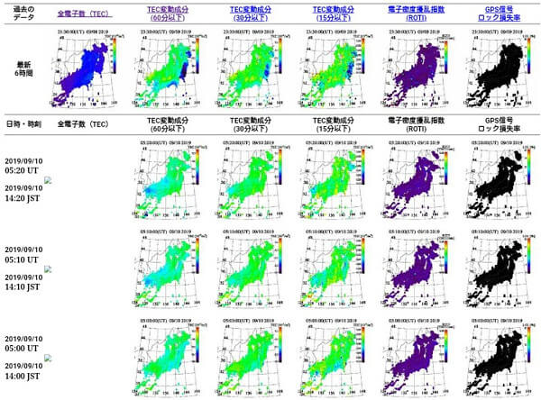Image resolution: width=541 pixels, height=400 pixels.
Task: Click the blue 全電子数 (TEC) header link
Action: click(x=86, y=15)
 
